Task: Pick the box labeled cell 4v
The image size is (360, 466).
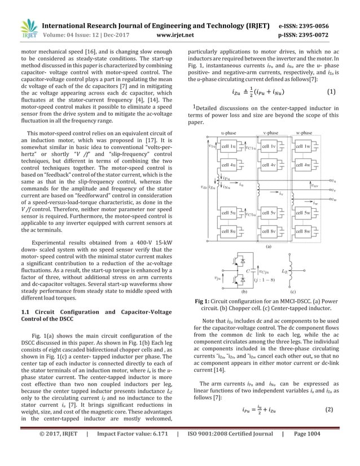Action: point(265,165)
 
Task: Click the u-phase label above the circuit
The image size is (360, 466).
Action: point(229,133)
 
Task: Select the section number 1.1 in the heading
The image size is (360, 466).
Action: point(26,311)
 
